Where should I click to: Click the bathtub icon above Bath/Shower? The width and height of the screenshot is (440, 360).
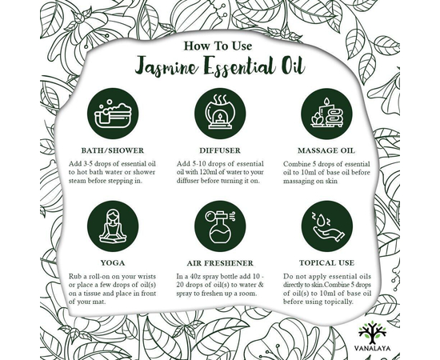[x=113, y=114]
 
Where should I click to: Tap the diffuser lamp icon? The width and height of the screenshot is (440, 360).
[x=220, y=114]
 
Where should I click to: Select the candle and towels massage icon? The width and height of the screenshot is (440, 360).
[x=326, y=114]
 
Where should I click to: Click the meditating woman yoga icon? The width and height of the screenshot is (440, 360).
[x=113, y=226]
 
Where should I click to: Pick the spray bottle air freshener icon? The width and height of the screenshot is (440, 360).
[x=220, y=226]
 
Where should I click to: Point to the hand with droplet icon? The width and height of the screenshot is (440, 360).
[x=327, y=226]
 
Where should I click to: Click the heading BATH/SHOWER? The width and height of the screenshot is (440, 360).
[x=113, y=150]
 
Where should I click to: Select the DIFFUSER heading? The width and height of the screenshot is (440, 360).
[x=220, y=150]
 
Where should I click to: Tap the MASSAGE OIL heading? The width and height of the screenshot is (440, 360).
[x=326, y=150]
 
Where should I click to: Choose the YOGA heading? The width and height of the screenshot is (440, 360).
[x=113, y=263]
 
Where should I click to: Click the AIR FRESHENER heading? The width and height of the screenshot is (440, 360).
[x=220, y=263]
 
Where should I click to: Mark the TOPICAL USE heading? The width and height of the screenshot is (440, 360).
[x=326, y=263]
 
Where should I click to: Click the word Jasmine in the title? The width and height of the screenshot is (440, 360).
[x=167, y=66]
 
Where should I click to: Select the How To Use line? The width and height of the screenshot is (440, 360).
[x=218, y=46]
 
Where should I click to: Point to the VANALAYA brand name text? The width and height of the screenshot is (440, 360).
[x=372, y=349]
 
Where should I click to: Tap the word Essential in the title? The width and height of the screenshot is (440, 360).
[x=240, y=66]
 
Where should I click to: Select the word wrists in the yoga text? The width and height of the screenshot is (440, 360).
[x=147, y=277]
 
